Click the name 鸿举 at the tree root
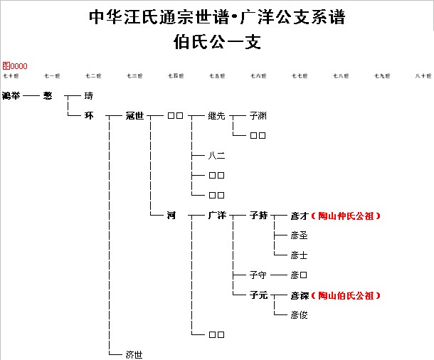pyautogui.click(x=11, y=95)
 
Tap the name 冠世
pyautogui.click(x=134, y=115)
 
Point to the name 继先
pyautogui.click(x=216, y=115)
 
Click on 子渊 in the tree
pyautogui.click(x=258, y=115)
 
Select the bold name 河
pyautogui.click(x=171, y=215)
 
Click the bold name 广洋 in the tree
pyautogui.click(x=216, y=215)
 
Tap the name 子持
pyautogui.click(x=258, y=215)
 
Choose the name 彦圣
pyautogui.click(x=299, y=235)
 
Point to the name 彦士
pyautogui.click(x=299, y=255)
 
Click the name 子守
pyautogui.click(x=258, y=275)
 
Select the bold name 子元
pyautogui.click(x=258, y=295)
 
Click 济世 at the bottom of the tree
pyautogui.click(x=134, y=354)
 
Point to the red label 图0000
pyautogui.click(x=14, y=65)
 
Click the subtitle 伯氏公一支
pyautogui.click(x=217, y=41)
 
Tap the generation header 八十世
pyautogui.click(x=424, y=75)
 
